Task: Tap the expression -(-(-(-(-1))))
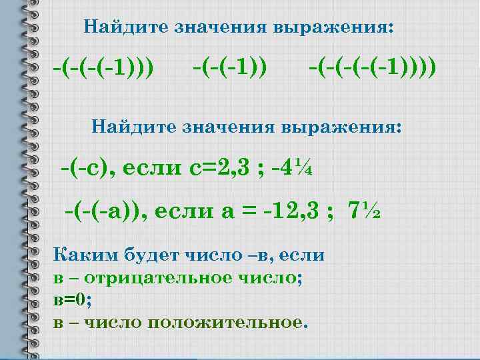tap(372, 67)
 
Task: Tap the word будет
tap(143, 254)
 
